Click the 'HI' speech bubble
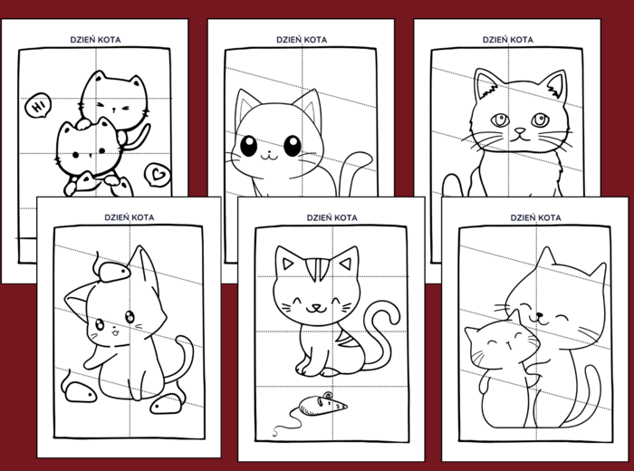click(37, 106)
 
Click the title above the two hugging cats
click(535, 217)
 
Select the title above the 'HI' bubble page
click(95, 40)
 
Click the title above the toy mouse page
click(331, 217)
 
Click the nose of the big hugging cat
click(537, 317)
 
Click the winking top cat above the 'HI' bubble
click(112, 97)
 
